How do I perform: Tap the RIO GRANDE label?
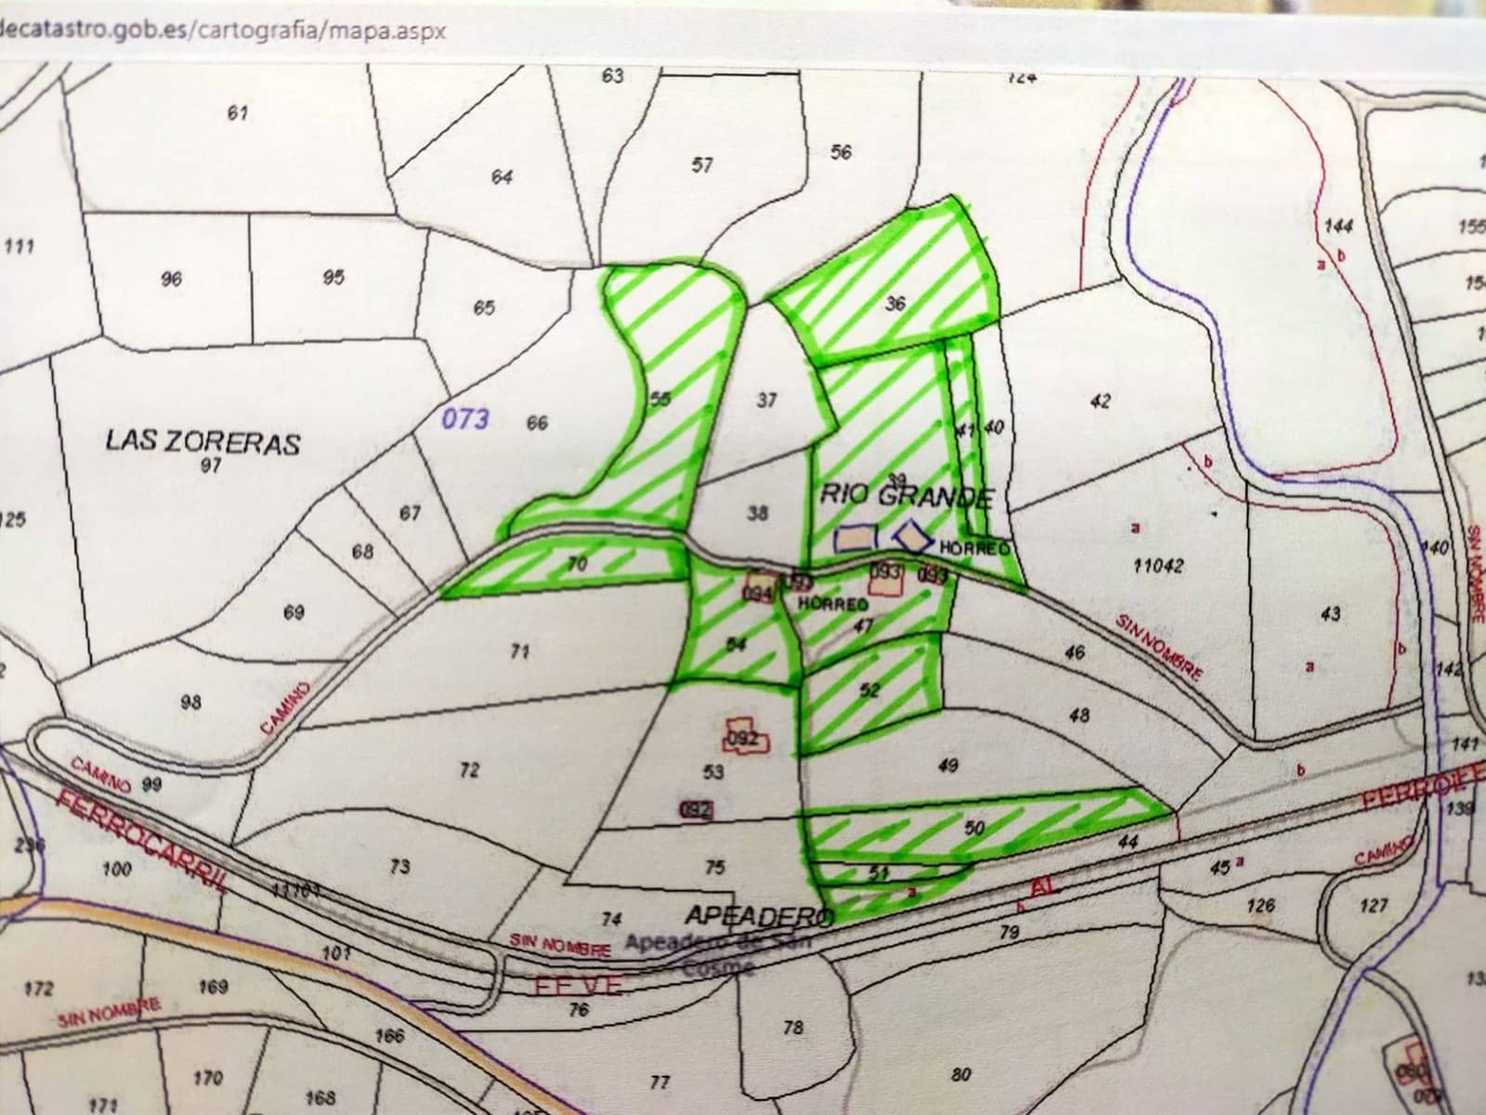[906, 495]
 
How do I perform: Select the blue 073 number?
[464, 419]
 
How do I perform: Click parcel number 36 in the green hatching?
[894, 303]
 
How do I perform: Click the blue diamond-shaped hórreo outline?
[914, 535]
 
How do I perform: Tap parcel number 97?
[211, 466]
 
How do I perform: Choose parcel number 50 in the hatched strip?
[974, 828]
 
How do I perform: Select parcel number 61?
[238, 113]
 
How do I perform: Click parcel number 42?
[1101, 401]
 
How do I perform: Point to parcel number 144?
[1339, 226]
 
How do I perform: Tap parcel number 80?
[961, 1074]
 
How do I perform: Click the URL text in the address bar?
[223, 30]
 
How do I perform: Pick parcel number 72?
[470, 769]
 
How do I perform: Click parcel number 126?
[1260, 904]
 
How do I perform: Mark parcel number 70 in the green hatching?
[577, 563]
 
